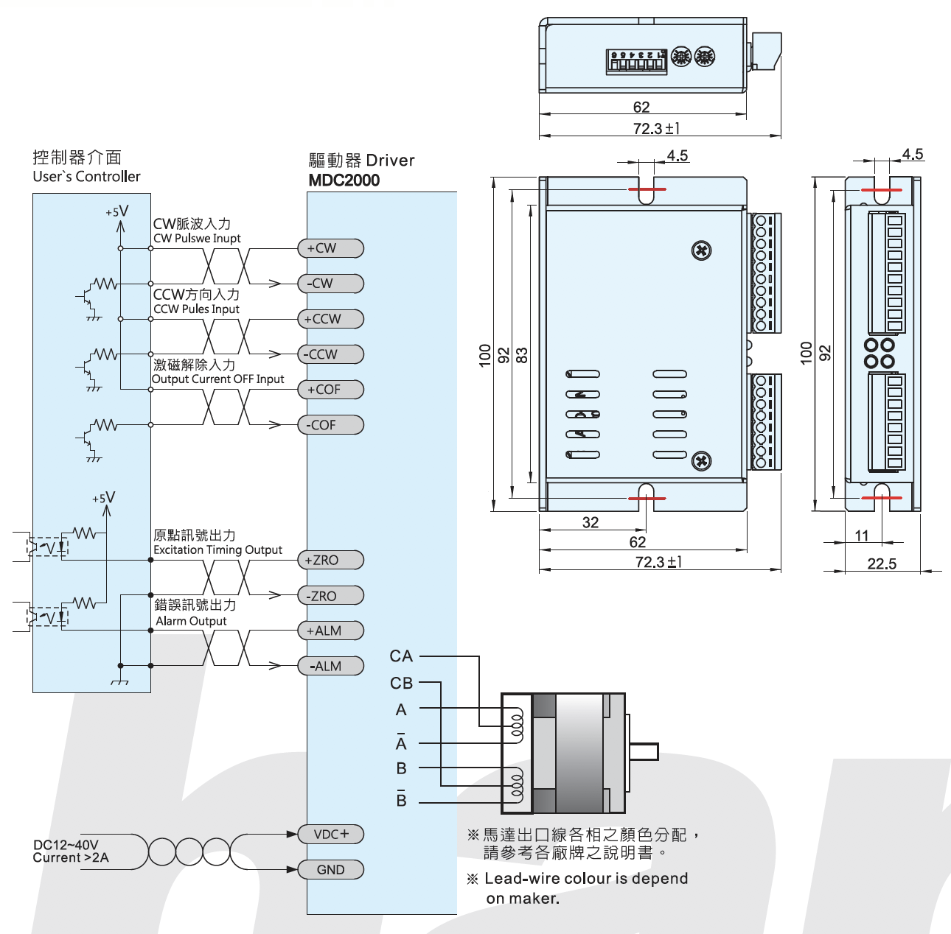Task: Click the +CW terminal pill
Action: click(x=330, y=248)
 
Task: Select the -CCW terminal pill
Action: click(x=330, y=354)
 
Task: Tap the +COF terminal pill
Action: click(x=330, y=390)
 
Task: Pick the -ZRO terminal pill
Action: click(x=330, y=596)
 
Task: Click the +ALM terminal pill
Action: click(x=330, y=631)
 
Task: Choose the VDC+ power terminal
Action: click(x=330, y=835)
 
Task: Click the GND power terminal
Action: click(x=330, y=870)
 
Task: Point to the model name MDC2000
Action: click(x=344, y=180)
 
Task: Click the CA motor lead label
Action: click(x=401, y=656)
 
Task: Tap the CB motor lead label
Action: click(x=401, y=684)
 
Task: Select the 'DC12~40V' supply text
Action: click(x=66, y=845)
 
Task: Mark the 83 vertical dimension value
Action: click(x=522, y=355)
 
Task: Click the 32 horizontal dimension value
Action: click(x=591, y=522)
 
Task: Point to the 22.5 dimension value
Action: click(x=882, y=563)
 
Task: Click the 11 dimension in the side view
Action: click(x=862, y=536)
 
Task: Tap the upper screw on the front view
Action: click(x=701, y=250)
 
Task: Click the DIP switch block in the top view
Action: click(x=636, y=60)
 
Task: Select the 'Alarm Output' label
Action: click(x=191, y=621)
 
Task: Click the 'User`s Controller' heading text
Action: click(x=86, y=177)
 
